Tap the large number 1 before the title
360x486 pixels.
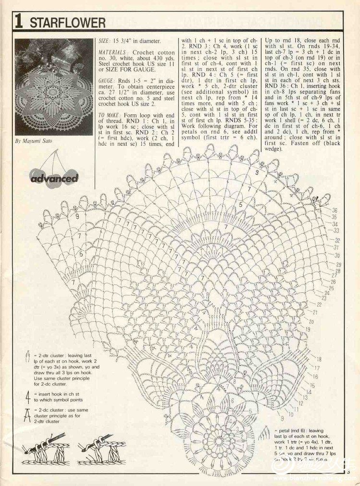[x=19, y=22]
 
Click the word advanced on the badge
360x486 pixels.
[x=54, y=178]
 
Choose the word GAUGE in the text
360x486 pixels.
[x=106, y=81]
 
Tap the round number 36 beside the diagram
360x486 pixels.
[x=334, y=210]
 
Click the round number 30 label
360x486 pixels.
[x=337, y=255]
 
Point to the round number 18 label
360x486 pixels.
[x=319, y=359]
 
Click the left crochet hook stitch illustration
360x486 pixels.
[x=46, y=448]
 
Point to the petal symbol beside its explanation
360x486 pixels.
[x=264, y=435]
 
